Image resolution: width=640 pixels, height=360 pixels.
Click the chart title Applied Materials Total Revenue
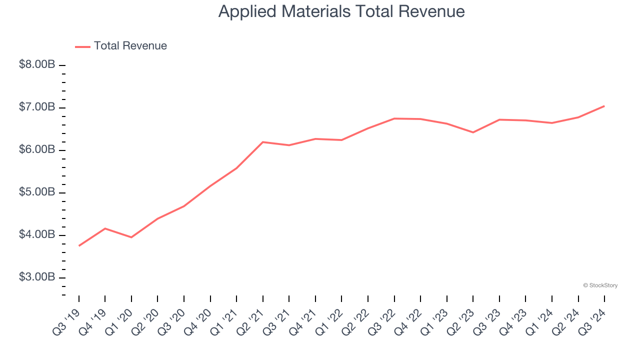[341, 11]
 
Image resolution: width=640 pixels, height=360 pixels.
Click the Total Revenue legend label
[130, 46]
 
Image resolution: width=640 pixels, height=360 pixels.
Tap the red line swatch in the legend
[82, 46]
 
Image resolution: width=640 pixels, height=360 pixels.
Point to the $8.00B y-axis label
[37, 65]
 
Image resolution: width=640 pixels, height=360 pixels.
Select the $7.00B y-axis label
[37, 107]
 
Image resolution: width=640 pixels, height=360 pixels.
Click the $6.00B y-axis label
[37, 150]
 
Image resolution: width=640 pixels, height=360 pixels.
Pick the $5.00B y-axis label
[37, 192]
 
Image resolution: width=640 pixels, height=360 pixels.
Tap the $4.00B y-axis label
[37, 235]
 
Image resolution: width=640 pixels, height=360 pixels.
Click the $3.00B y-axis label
[37, 277]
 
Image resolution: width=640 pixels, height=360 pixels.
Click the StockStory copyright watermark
[600, 285]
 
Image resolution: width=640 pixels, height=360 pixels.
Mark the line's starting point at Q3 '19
[79, 245]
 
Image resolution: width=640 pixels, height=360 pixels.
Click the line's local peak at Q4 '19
[105, 228]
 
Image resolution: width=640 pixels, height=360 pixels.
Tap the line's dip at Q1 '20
[131, 237]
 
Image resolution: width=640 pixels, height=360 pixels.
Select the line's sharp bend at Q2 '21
[263, 142]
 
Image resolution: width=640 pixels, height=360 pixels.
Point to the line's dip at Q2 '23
[473, 132]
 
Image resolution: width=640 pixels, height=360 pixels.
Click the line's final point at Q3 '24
[604, 106]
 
